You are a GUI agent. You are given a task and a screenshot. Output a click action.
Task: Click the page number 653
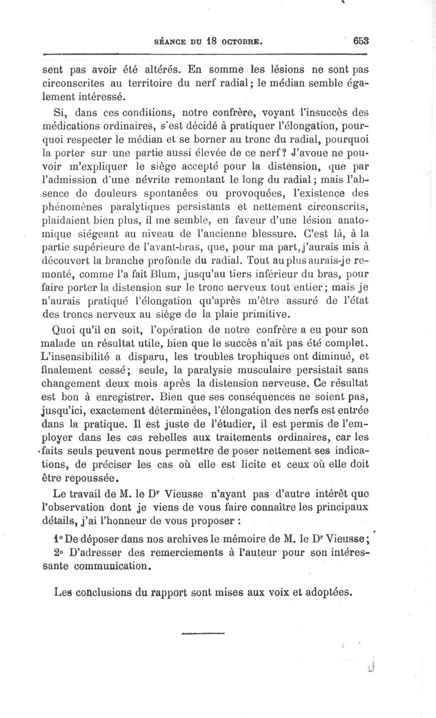(361, 40)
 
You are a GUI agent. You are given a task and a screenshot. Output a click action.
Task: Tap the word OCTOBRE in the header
(237, 40)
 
